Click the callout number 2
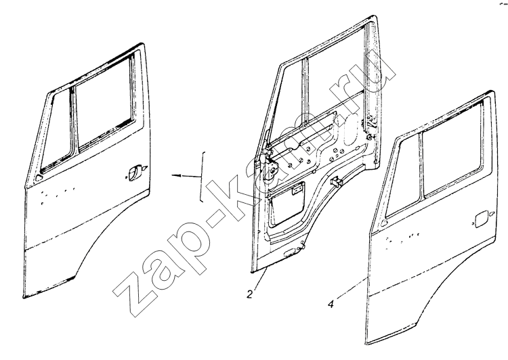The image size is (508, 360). click(x=250, y=294)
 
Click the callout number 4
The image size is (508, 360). click(x=331, y=305)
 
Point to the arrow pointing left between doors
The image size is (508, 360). click(x=186, y=175)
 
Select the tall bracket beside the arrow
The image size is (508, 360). click(x=203, y=177)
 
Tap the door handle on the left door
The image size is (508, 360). click(x=136, y=172)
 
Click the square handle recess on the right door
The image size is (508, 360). click(x=480, y=219)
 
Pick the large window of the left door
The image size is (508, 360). click(x=104, y=103)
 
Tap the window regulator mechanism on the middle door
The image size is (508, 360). click(x=270, y=165)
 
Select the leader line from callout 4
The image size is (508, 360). click(x=351, y=288)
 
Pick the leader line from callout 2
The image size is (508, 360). click(x=261, y=278)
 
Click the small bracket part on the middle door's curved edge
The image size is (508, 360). click(x=336, y=181)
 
